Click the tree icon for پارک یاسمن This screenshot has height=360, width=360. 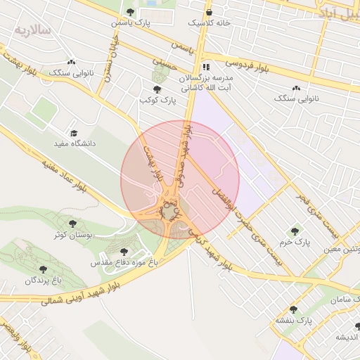[x=130, y=11]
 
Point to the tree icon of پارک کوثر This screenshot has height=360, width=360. [x=157, y=90]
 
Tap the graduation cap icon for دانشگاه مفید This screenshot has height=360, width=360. [x=73, y=132]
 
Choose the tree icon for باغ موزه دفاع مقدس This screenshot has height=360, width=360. [x=124, y=251]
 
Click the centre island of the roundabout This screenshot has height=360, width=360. [x=169, y=212]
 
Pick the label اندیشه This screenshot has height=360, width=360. [x=347, y=337]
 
